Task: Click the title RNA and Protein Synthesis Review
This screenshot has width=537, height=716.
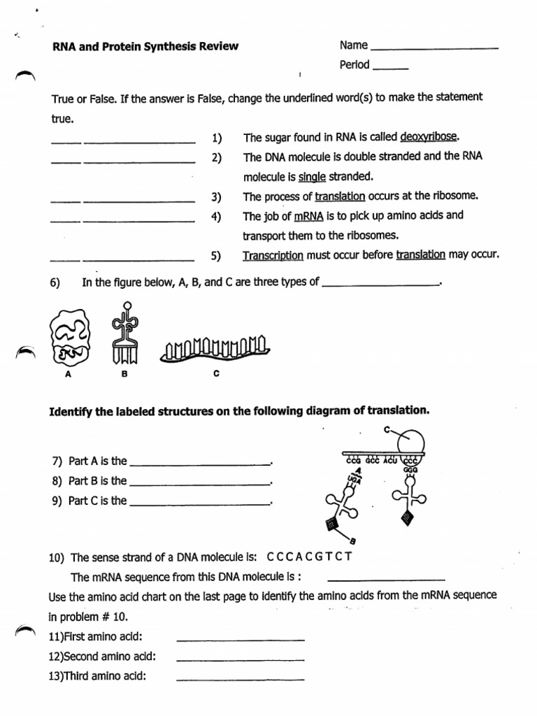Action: pyautogui.click(x=145, y=47)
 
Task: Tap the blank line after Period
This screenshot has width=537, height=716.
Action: pyautogui.click(x=391, y=69)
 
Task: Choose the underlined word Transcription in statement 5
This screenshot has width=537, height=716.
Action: pyautogui.click(x=273, y=255)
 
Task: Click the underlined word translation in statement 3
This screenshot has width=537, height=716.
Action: pyautogui.click(x=340, y=196)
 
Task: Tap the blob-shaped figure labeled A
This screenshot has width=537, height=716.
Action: pyautogui.click(x=69, y=339)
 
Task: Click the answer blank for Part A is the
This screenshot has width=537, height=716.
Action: pyautogui.click(x=200, y=464)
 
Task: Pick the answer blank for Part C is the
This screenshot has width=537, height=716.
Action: pyautogui.click(x=200, y=503)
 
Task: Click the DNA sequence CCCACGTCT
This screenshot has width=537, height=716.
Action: pyautogui.click(x=308, y=557)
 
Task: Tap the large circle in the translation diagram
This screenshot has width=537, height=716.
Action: pyautogui.click(x=408, y=443)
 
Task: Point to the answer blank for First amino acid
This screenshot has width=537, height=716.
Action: pyautogui.click(x=241, y=639)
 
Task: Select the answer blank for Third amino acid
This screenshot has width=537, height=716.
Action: pyautogui.click(x=241, y=679)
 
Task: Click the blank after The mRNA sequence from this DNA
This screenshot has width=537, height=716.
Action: pyautogui.click(x=386, y=580)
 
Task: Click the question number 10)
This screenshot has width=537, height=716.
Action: pyautogui.click(x=57, y=558)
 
